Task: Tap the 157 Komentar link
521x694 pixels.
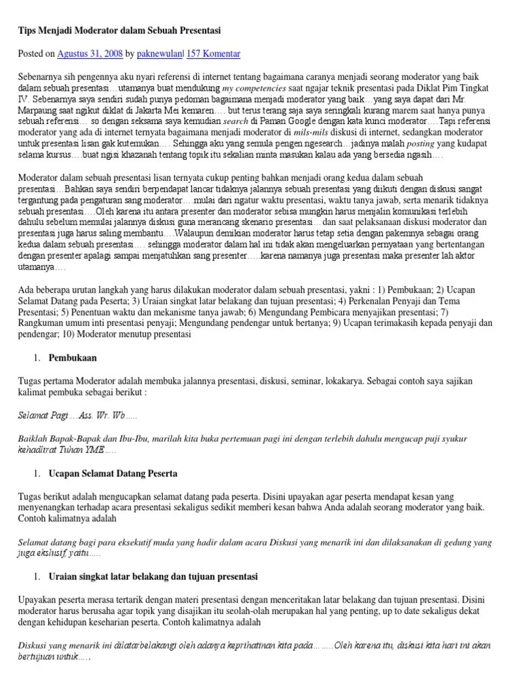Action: (216, 54)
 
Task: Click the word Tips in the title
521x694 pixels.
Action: (28, 30)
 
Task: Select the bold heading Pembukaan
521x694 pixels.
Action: (73, 356)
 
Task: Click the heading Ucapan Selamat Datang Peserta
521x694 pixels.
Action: (113, 472)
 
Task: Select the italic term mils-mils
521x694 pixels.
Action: (311, 132)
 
